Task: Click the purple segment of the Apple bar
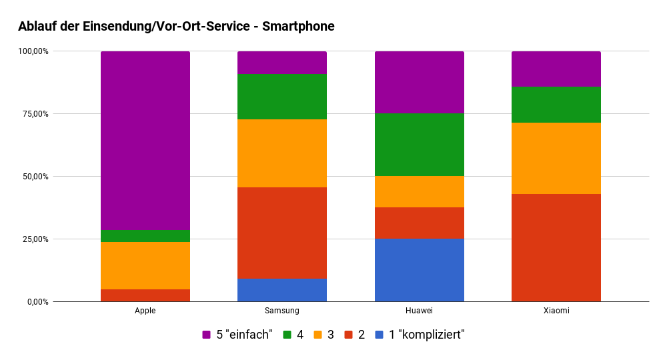point(145,140)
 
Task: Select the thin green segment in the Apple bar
point(145,236)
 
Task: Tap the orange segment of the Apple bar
point(145,265)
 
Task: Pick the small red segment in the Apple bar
point(145,295)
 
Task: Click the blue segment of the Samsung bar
point(282,290)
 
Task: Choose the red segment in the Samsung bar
point(282,233)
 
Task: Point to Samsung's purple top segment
point(282,63)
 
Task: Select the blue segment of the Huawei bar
point(419,270)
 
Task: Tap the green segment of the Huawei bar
point(419,145)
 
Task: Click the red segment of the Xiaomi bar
point(556,248)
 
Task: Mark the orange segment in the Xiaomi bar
point(556,158)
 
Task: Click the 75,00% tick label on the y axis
point(33,114)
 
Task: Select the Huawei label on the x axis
point(419,311)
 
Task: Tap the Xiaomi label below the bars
point(556,311)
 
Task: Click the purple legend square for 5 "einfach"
point(207,335)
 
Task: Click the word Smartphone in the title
point(298,27)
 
